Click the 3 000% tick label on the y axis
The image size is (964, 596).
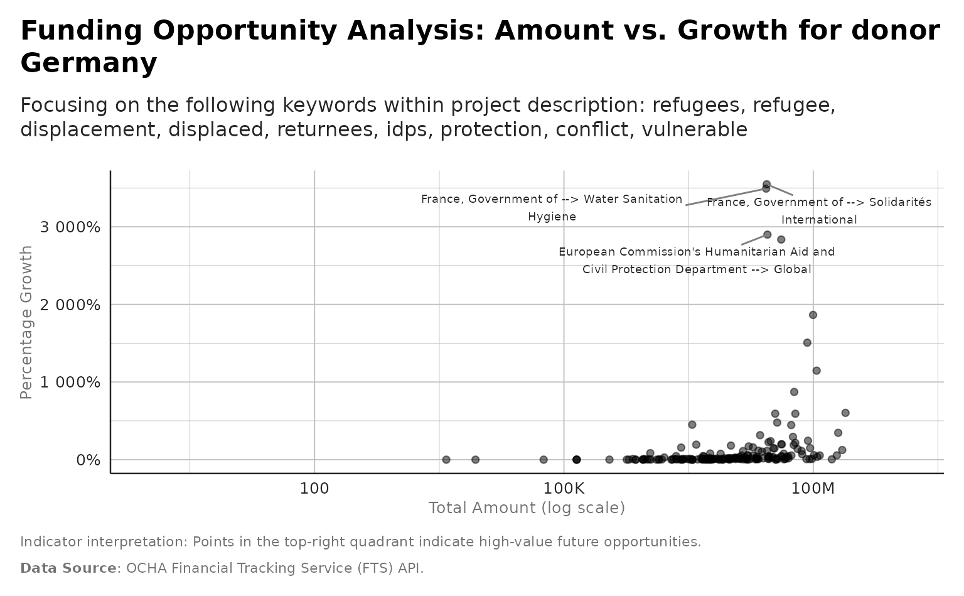point(70,227)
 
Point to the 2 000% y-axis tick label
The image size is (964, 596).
point(70,305)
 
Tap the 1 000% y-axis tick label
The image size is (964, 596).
point(70,382)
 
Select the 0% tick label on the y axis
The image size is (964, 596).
point(88,460)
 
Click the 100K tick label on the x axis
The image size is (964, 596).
point(563,488)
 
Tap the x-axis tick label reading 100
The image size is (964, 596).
point(314,488)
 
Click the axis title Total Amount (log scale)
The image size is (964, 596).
point(527,508)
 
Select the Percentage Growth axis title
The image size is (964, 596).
point(26,322)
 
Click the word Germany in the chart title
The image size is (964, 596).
point(88,63)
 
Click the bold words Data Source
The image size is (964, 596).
point(68,568)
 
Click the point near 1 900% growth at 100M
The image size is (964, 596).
point(813,315)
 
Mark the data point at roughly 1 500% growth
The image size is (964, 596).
point(807,343)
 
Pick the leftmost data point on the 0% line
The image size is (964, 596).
point(446,460)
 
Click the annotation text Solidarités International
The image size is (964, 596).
point(819,211)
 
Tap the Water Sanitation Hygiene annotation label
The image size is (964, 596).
point(552,208)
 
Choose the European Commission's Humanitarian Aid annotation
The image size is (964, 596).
point(697,260)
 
